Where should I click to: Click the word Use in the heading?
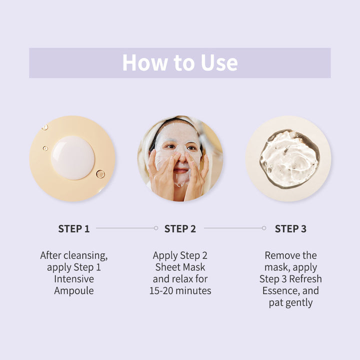[x=219, y=62]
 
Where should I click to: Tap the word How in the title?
[x=145, y=62]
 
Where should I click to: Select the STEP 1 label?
[x=74, y=228]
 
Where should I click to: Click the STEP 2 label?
[x=180, y=228]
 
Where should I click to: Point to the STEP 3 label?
[x=290, y=228]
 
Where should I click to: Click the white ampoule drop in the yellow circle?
[x=73, y=157]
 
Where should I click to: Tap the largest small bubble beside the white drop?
[x=100, y=174]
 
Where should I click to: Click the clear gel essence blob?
[x=289, y=159]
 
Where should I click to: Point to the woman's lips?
[x=180, y=170]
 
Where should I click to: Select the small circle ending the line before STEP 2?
[x=156, y=228]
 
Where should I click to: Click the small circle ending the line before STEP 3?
[x=264, y=228]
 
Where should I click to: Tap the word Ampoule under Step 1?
[x=74, y=291]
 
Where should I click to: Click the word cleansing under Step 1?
[x=85, y=256]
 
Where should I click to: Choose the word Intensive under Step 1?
[x=74, y=279]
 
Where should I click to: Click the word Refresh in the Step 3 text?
[x=305, y=279]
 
